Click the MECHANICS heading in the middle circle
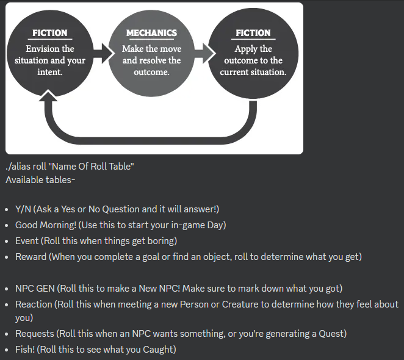(x=151, y=33)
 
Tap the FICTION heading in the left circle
(x=50, y=33)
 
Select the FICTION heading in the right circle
(x=253, y=33)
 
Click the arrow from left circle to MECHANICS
(x=103, y=54)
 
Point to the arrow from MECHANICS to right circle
(x=204, y=54)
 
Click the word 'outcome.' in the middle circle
(x=151, y=72)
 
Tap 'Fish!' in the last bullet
(x=26, y=350)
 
